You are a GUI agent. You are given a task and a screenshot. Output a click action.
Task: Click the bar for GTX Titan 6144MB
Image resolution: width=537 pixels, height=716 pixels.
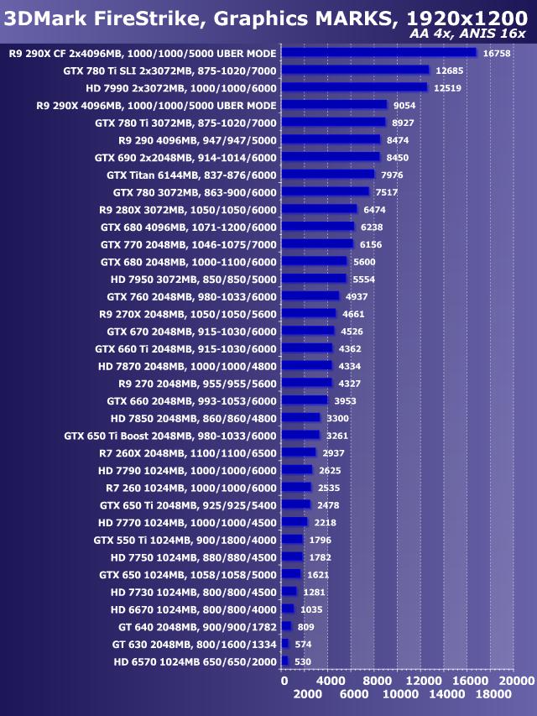click(x=328, y=175)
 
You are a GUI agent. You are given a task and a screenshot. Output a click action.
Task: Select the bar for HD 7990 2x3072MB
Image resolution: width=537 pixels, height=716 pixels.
click(x=354, y=87)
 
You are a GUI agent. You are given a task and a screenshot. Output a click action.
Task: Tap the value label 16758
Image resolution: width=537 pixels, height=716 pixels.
click(x=498, y=53)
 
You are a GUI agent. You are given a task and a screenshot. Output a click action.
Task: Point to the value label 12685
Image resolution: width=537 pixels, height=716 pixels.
click(x=448, y=71)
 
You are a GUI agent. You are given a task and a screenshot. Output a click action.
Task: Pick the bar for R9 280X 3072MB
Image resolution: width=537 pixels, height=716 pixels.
click(x=319, y=209)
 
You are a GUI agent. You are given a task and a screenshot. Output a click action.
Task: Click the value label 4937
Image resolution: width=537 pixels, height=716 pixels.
click(x=355, y=296)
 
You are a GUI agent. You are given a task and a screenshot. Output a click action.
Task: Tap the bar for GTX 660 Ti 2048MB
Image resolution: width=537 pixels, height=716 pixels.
click(x=307, y=348)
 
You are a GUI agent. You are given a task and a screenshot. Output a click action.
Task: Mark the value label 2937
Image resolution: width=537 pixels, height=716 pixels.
click(x=334, y=452)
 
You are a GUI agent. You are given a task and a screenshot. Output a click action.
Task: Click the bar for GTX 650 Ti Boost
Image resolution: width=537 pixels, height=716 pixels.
click(x=300, y=435)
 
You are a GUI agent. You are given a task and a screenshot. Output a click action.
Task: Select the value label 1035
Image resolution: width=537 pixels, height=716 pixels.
click(x=312, y=609)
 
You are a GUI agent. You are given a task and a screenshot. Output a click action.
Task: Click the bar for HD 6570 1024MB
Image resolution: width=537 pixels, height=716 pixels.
click(x=284, y=661)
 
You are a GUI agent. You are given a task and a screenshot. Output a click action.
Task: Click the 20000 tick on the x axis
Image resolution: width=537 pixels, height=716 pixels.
click(x=514, y=680)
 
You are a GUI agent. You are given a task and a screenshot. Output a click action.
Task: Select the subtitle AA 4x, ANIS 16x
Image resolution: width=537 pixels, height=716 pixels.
click(x=468, y=33)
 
